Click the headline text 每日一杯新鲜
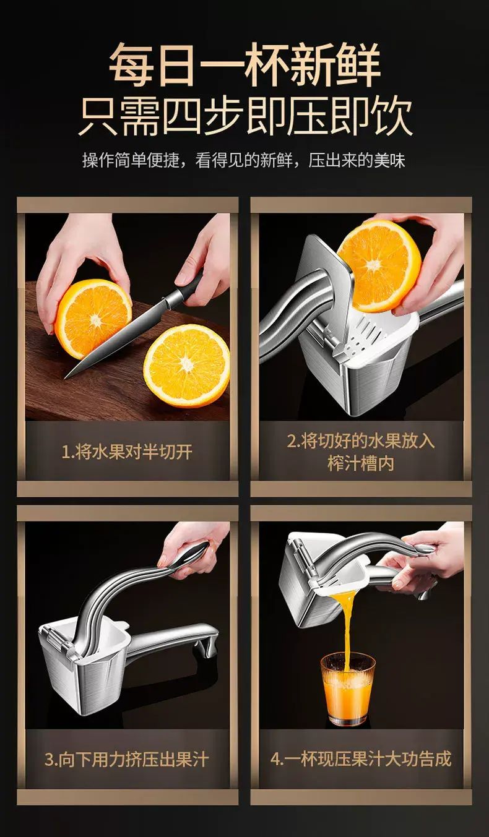click(x=245, y=64)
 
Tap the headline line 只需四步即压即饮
click(x=245, y=116)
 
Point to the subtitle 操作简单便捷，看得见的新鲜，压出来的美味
click(x=244, y=160)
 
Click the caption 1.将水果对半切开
click(x=127, y=452)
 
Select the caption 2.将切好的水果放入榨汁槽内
click(x=361, y=452)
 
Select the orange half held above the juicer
click(x=379, y=265)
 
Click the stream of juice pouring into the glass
click(x=345, y=632)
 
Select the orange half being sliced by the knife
click(x=93, y=319)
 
